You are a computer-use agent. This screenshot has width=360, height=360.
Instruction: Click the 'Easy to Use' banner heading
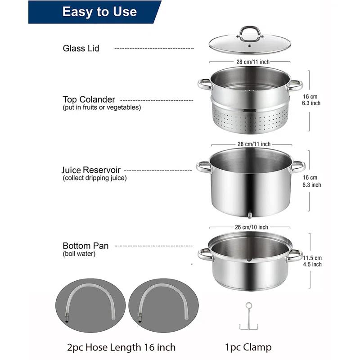point(99,12)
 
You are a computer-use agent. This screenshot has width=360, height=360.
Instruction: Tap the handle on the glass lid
point(250,32)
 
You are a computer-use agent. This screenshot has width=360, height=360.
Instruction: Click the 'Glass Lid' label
point(81,48)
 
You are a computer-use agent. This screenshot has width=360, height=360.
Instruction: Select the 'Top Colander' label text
point(89,99)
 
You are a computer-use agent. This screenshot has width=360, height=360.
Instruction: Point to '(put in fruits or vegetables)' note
point(102,108)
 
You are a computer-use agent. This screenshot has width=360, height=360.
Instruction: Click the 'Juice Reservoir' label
point(91,171)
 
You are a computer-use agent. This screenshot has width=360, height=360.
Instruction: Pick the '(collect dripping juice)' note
point(94,178)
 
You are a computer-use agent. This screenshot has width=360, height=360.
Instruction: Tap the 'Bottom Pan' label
point(85,246)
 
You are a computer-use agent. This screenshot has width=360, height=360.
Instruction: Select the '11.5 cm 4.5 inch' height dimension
point(312,261)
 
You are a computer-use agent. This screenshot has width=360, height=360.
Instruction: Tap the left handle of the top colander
point(204,84)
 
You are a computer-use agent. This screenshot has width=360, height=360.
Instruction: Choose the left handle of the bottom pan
point(205,254)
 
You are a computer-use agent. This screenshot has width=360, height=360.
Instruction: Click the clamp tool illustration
point(248,317)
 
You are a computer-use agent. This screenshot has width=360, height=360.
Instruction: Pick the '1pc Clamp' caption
point(248,347)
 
